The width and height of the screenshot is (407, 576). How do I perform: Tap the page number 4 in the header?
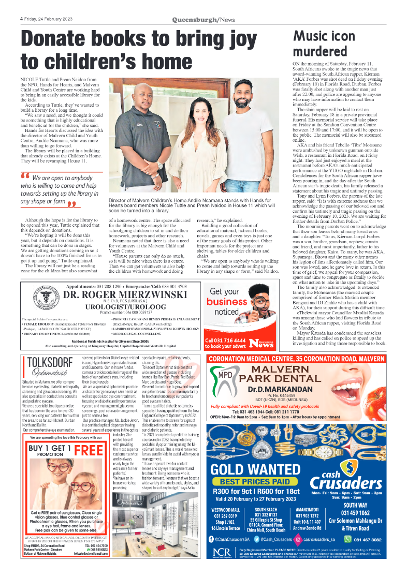[21, 19]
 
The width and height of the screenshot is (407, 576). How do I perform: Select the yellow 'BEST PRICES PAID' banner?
[255, 481]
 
